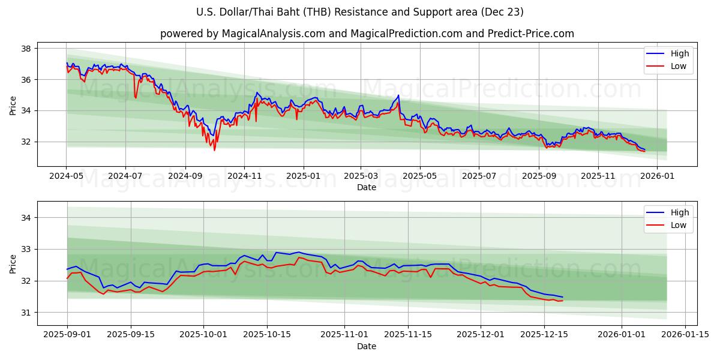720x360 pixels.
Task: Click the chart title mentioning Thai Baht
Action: [360, 12]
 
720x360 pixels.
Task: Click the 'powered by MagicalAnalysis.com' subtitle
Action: [367, 34]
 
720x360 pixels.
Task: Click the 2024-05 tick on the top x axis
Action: [66, 176]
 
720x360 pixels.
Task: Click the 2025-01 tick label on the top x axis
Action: [303, 176]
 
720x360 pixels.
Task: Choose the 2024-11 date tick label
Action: [244, 176]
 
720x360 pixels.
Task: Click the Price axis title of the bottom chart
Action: [13, 263]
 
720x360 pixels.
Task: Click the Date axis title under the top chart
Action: [367, 187]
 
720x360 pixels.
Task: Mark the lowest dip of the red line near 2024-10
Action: [214, 150]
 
